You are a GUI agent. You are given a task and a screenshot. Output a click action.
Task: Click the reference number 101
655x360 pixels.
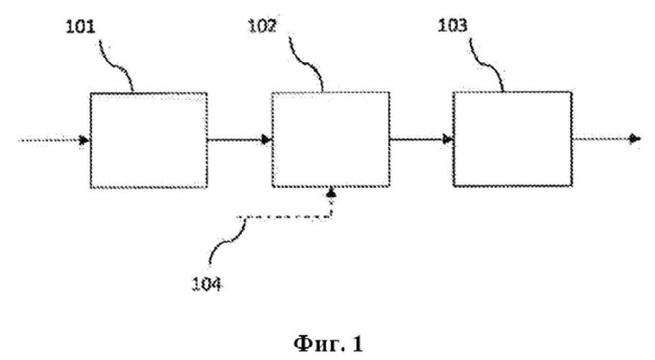coord(81,27)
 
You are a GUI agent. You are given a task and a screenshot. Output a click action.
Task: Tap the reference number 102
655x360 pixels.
coord(263,26)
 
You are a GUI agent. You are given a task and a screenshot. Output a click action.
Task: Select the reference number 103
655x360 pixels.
coord(453,25)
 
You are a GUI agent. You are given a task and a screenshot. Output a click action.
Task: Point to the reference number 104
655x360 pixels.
coord(207,284)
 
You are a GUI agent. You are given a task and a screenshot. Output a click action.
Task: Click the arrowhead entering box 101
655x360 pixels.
coord(84,140)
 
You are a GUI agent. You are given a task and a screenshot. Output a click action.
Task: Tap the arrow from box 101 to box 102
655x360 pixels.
coord(240,139)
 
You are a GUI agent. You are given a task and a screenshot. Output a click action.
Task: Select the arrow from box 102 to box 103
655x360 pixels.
coord(422,139)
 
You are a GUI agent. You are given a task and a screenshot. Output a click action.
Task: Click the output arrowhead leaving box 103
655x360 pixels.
coord(636,138)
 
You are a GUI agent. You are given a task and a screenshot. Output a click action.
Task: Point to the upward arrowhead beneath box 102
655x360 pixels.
coord(331,193)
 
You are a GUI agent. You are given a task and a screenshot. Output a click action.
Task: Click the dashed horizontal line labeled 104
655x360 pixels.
coord(284,217)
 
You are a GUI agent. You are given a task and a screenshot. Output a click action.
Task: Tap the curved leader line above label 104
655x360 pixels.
coord(227,243)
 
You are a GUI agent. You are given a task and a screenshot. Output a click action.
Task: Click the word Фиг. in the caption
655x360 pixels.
coord(315,344)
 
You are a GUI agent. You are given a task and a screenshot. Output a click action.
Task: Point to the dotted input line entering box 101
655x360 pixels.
coord(50,140)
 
